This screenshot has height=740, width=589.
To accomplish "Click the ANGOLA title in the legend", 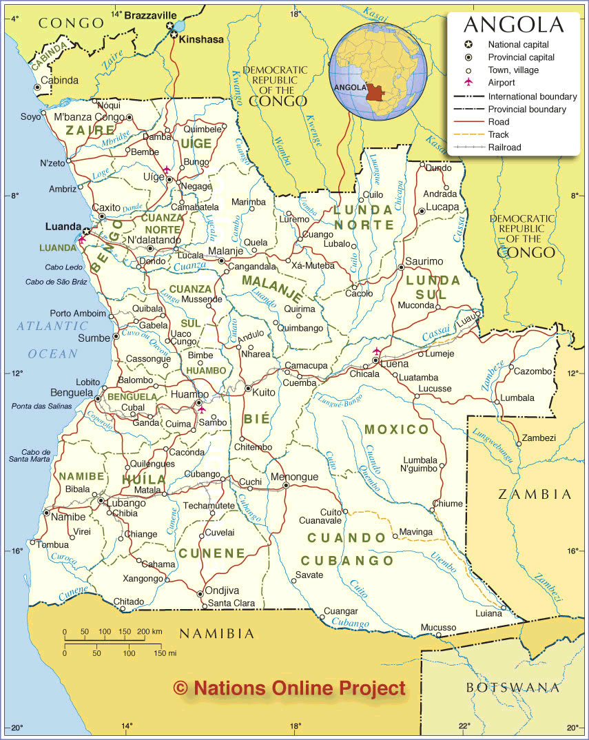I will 513,25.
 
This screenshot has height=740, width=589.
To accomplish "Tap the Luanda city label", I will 63,226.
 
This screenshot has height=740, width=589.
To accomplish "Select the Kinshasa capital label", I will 201,40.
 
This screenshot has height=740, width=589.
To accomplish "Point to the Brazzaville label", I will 150,14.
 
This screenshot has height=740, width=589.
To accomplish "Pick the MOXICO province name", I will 397,429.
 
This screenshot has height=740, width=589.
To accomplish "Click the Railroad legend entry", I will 504,147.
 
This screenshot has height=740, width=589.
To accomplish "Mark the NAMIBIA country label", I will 217,633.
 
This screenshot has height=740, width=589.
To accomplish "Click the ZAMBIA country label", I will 535,494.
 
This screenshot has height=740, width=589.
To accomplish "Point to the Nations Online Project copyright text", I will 289,687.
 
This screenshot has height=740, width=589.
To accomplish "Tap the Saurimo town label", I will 424,261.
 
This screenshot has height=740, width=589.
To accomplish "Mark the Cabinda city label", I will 60,80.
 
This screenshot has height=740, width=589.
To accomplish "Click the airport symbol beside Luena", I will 376,351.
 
